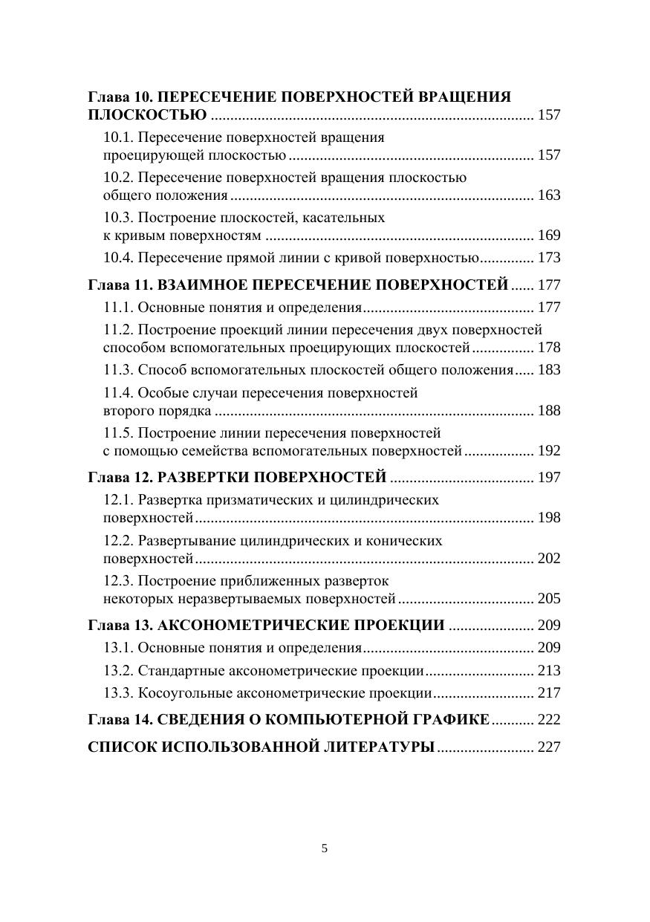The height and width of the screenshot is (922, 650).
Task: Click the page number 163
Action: point(548,195)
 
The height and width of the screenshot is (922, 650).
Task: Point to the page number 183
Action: point(548,370)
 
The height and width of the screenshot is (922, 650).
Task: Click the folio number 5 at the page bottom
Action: point(325,848)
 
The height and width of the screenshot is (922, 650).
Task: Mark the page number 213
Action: point(548,671)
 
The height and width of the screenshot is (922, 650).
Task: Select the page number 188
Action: point(548,411)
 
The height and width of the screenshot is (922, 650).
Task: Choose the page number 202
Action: point(548,559)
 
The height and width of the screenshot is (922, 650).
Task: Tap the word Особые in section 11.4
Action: point(162,393)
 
